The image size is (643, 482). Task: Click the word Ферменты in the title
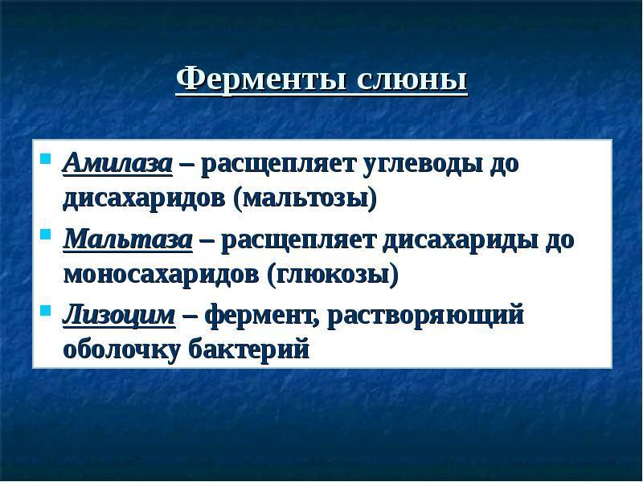coord(260,79)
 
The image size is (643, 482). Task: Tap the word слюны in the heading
coord(412,80)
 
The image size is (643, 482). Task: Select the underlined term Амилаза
coord(117,163)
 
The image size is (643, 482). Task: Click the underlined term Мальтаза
coord(128,239)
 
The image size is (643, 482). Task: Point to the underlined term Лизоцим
coord(119,316)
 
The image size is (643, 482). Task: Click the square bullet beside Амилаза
coord(46,158)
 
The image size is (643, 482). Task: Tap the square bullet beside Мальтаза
coord(46,234)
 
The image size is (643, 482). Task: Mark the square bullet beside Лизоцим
coord(46,310)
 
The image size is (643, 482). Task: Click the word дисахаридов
coord(144,199)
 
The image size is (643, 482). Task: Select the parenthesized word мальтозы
coord(305,200)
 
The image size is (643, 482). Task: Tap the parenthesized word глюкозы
coord(333,276)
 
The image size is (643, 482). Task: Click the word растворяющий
coord(426,317)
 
